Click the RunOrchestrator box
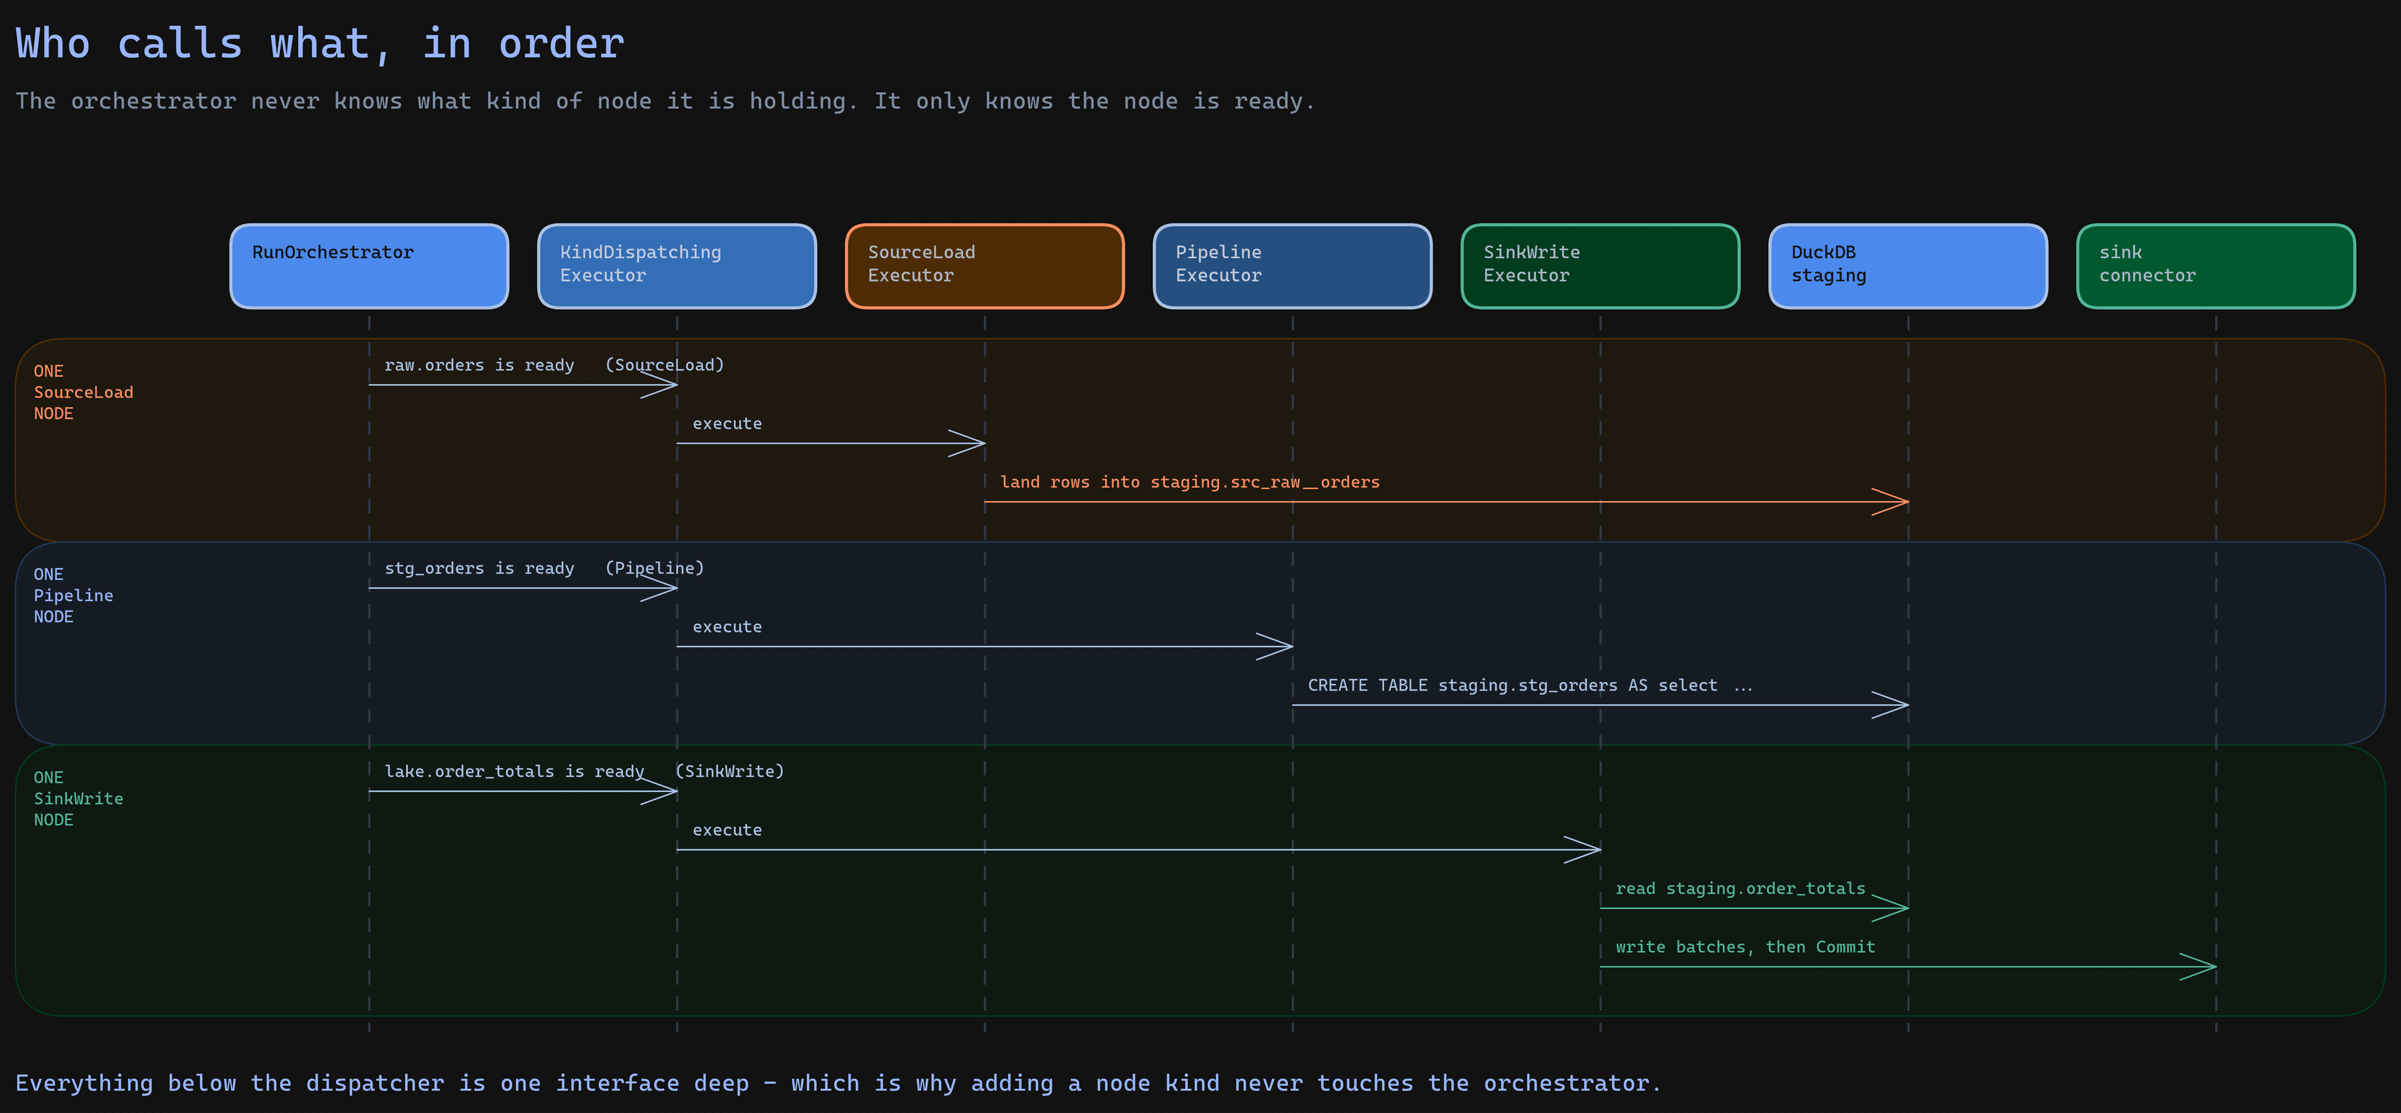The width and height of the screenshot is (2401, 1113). click(369, 266)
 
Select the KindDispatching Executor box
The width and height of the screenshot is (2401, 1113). click(677, 266)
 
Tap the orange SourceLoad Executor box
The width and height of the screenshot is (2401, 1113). click(984, 266)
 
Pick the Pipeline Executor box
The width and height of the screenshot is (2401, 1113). click(1292, 266)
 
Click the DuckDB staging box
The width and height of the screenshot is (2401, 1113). click(1908, 266)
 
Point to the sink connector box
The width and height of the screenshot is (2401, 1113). click(2216, 266)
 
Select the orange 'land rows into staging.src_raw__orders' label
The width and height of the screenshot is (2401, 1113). click(1189, 482)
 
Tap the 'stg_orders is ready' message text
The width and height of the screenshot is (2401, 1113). click(479, 569)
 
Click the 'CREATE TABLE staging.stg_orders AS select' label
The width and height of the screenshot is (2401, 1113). click(1512, 685)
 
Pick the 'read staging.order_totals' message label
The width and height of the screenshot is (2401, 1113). click(1740, 888)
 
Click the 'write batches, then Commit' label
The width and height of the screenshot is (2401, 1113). click(1745, 947)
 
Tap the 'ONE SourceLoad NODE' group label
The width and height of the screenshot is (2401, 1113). click(83, 392)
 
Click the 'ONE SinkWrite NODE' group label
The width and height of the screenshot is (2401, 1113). click(78, 799)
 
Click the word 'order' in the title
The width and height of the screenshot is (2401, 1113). click(561, 44)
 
